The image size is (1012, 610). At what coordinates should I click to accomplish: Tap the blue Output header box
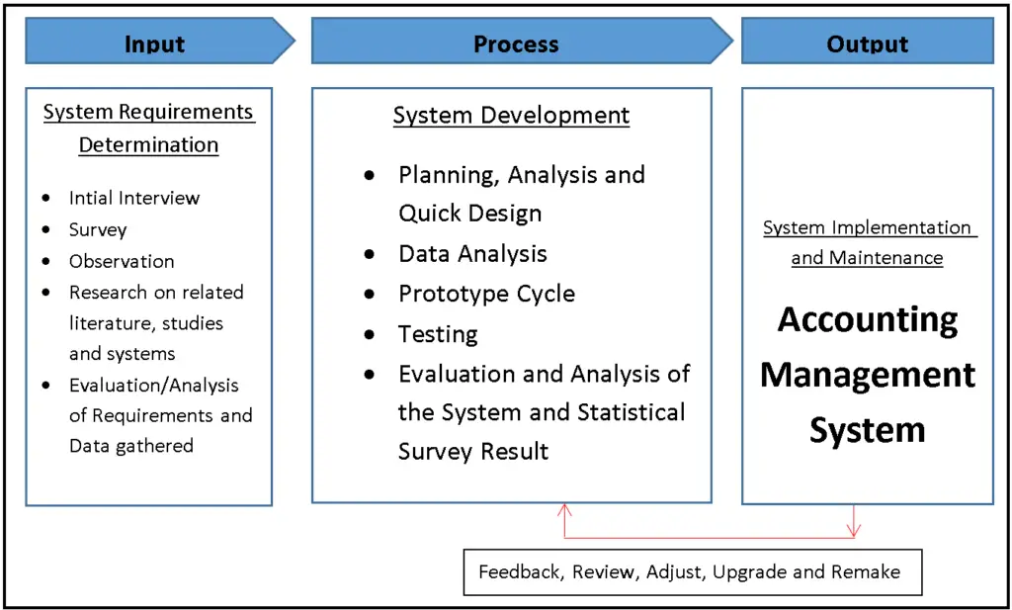867,42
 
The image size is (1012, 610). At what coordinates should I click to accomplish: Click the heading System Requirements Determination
148,128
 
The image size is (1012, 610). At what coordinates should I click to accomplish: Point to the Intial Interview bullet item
133,198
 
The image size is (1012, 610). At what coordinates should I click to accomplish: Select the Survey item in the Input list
98,229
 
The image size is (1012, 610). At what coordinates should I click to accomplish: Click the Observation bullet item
121,261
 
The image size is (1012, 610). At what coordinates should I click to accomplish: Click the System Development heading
511,115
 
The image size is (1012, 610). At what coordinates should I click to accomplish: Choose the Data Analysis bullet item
472,254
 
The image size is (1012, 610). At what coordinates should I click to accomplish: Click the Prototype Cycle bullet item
486,294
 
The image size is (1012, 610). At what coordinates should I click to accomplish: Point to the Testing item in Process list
438,334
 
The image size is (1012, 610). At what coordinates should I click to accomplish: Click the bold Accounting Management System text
868,375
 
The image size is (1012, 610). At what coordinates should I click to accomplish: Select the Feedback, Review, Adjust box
692,571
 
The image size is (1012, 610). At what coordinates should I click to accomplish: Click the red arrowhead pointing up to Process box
564,510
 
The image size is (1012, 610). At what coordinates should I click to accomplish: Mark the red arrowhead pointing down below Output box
854,531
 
